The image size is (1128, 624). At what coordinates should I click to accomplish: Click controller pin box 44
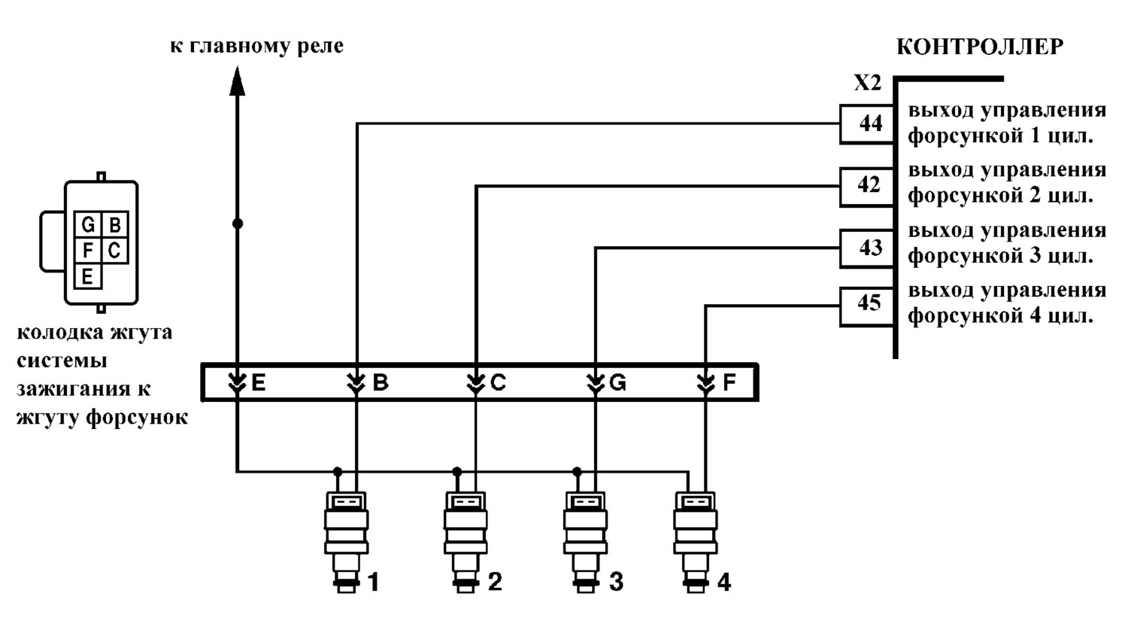point(867,124)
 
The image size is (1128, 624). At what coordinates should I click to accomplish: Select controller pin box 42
point(867,187)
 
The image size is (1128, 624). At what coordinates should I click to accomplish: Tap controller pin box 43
point(867,248)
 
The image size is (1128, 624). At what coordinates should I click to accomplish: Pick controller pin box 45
point(867,306)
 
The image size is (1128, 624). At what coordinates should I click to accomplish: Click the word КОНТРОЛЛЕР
point(980,47)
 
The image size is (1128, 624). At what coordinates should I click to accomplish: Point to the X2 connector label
point(868,83)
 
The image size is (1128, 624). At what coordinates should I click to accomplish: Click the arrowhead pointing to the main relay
point(237,81)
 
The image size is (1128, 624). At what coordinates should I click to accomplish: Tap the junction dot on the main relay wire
point(238,224)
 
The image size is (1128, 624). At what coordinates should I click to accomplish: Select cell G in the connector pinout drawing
point(88,224)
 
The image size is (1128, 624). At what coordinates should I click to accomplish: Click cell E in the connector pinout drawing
point(88,276)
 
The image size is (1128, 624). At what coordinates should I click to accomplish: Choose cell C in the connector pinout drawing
point(115,250)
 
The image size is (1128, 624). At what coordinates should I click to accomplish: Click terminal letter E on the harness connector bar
point(259,383)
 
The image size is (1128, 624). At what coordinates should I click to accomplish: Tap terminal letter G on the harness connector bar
point(617,383)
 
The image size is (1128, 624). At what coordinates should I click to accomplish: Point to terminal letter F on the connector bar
point(729,383)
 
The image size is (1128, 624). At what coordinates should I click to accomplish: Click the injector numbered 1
point(347,542)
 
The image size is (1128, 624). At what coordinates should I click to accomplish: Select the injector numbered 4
point(696,542)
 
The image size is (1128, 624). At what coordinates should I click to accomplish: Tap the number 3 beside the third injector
point(617,582)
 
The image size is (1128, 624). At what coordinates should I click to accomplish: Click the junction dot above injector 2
point(456,472)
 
